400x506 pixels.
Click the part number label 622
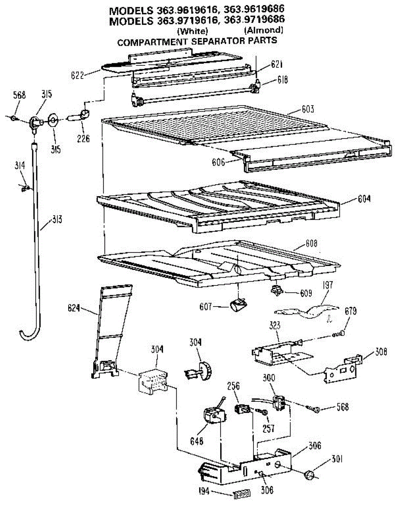tap(78, 76)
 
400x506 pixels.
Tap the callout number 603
tap(307, 110)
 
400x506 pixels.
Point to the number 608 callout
tap(312, 243)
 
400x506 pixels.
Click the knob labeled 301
tap(310, 475)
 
